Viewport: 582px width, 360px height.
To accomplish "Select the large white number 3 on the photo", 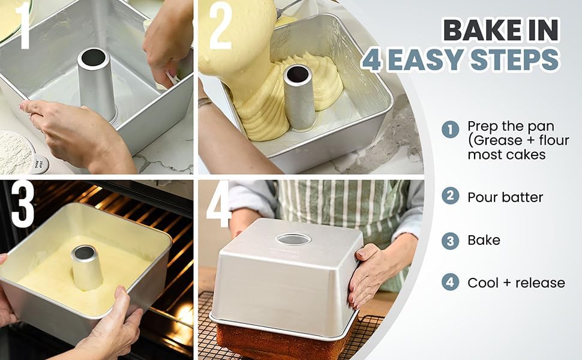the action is coord(22,205).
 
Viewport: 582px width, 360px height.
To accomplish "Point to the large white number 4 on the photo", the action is coord(220,205).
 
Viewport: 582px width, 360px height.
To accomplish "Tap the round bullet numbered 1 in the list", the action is coord(450,130).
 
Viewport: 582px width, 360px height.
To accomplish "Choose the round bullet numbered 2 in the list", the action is coord(450,196).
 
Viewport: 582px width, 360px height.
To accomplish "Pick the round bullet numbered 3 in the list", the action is coord(450,241).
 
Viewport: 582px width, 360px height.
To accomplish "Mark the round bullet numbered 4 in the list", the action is coord(450,283).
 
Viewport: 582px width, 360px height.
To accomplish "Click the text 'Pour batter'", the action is coord(505,197).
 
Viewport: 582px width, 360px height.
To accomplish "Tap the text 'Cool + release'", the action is coord(517,283).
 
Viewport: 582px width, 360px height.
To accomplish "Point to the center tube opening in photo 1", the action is coord(93,58).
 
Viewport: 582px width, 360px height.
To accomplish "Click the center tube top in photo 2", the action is coord(298,75).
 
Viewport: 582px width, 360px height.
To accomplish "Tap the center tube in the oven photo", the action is coord(86,266).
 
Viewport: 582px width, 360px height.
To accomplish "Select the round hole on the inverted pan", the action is coord(293,239).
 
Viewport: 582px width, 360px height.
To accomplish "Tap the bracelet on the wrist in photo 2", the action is coord(205,101).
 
